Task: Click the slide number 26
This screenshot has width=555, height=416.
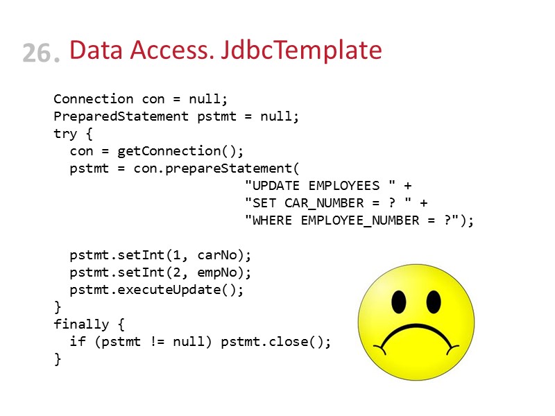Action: [x=40, y=53]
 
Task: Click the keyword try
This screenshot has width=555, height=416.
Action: [x=66, y=134]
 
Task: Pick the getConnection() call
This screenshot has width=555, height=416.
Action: [x=181, y=151]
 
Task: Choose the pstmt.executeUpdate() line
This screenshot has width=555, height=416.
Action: [x=157, y=290]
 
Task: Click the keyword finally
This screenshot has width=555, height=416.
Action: [x=81, y=324]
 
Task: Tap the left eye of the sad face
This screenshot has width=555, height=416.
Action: [x=398, y=301]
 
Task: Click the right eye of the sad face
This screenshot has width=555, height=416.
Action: [x=434, y=301]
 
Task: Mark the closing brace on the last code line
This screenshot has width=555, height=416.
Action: [x=58, y=359]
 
